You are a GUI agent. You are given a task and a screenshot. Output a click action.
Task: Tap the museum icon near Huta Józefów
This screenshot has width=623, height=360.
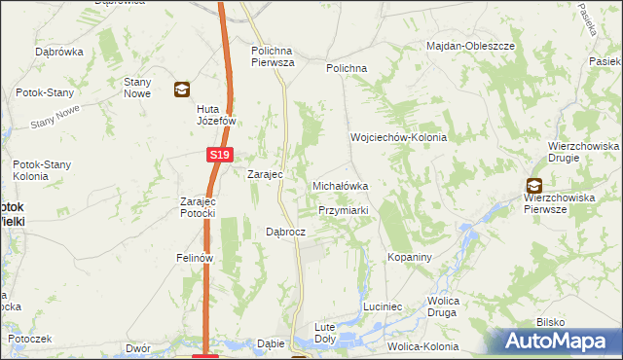(181, 90)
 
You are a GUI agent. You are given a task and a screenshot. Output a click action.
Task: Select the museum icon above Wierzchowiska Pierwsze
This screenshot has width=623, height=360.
(533, 185)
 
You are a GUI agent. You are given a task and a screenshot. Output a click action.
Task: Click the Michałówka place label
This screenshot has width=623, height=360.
(340, 185)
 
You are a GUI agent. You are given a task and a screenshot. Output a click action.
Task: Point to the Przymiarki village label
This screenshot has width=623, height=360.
(342, 210)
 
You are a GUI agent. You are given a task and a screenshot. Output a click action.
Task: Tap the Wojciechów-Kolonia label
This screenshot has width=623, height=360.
(398, 138)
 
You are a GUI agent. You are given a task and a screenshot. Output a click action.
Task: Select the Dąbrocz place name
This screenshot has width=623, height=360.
(286, 233)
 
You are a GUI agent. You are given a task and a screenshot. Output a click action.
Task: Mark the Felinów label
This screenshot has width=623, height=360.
(195, 259)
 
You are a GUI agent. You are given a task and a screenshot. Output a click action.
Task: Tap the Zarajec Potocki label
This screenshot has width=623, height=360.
(203, 207)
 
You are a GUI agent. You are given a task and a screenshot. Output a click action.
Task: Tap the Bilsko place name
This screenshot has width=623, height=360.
(550, 322)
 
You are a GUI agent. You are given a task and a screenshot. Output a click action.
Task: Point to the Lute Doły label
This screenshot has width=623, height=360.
(324, 333)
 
